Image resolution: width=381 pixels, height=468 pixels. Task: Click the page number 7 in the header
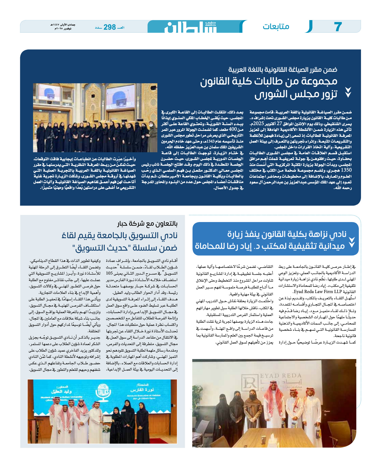338,27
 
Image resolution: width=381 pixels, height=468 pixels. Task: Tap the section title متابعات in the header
276,27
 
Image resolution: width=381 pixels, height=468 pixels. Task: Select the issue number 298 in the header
110,27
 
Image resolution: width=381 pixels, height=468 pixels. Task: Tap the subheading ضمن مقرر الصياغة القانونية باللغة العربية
283,70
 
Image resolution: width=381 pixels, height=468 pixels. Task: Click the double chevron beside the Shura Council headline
348,92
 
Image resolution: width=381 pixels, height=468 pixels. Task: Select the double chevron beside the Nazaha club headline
352,242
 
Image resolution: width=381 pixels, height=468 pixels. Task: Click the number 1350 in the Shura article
346,170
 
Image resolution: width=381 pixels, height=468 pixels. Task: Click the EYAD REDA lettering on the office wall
281,376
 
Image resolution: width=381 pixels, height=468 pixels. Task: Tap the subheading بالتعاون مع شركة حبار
147,224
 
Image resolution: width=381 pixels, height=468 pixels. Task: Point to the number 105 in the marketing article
109,273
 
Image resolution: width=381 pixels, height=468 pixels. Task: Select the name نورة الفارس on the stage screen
139,390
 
